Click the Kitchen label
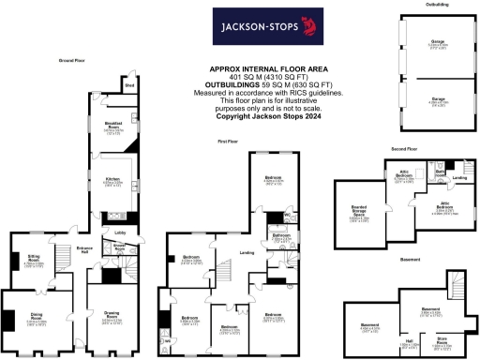tap(112, 182)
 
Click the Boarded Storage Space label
tap(359, 215)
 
